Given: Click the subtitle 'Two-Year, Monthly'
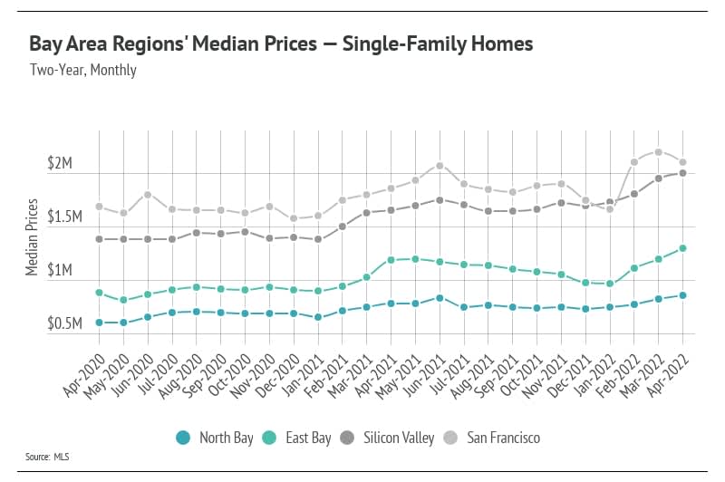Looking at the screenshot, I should (x=82, y=70).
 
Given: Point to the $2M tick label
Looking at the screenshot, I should (x=65, y=163).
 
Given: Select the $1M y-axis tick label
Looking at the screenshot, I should (x=65, y=271).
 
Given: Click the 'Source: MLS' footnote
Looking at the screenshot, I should (x=47, y=458).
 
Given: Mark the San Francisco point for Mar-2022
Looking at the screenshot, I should (x=658, y=152).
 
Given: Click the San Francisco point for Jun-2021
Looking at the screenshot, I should (x=439, y=166).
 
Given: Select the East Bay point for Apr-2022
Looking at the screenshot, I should (x=682, y=248).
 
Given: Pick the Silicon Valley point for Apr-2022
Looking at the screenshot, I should (x=682, y=173).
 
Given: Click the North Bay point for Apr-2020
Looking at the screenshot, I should (x=99, y=322).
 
